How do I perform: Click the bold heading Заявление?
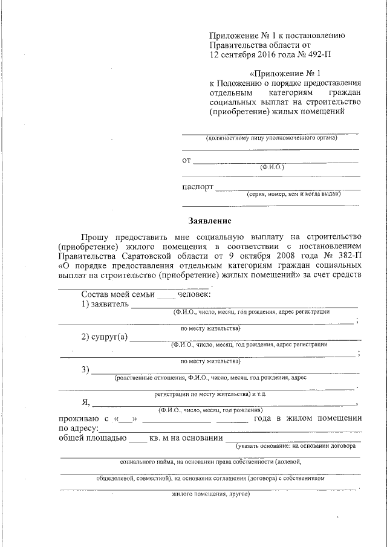209,221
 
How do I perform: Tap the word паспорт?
198,187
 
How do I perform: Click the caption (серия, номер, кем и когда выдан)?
293,194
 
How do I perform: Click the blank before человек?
166,294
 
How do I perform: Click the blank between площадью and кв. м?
138,439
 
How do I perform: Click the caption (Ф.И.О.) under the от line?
272,166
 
